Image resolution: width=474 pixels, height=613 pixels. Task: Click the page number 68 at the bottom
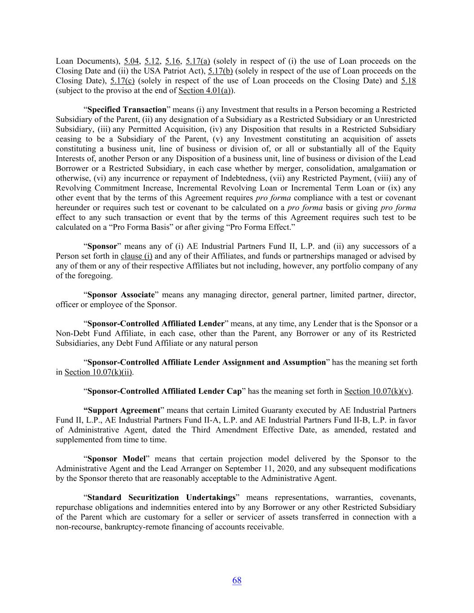pyautogui.click(x=237, y=580)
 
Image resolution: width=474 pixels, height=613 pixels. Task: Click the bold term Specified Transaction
pyautogui.click(x=127, y=110)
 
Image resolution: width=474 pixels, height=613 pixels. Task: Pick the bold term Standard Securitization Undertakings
pyautogui.click(x=161, y=497)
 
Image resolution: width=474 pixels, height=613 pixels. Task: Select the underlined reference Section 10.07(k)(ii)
pyautogui.click(x=99, y=372)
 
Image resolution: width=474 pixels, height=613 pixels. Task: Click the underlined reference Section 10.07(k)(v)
pyautogui.click(x=378, y=391)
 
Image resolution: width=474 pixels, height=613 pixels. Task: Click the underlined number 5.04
pyautogui.click(x=132, y=61)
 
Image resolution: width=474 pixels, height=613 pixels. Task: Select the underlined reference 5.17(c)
pyautogui.click(x=122, y=81)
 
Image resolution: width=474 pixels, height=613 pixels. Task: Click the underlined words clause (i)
pyautogui.click(x=137, y=256)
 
